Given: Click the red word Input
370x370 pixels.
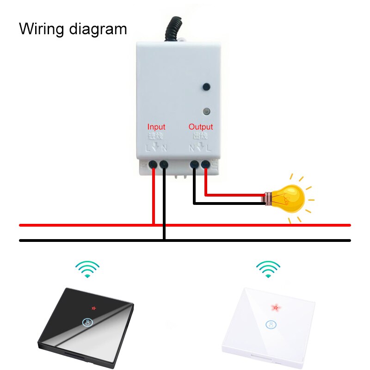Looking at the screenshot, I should (156, 127).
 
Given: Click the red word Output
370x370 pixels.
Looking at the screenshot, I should (201, 127).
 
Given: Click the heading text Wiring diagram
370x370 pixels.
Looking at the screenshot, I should (73, 29).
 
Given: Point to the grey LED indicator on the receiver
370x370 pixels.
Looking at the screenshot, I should (206, 111).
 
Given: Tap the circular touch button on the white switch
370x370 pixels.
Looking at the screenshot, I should (271, 324).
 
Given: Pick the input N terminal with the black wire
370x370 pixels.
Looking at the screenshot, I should (164, 164).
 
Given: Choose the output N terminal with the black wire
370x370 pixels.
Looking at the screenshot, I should (194, 164).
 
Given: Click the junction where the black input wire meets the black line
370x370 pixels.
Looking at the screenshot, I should (164, 240).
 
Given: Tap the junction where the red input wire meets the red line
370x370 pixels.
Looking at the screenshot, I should (154, 225).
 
